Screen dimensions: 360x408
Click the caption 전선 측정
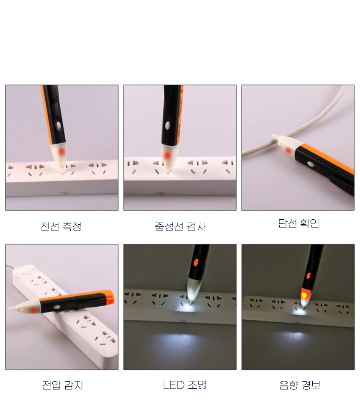[x=61, y=226]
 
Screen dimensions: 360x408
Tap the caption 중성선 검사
[x=180, y=226]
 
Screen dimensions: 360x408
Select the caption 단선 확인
[x=298, y=223]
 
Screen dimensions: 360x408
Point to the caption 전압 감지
[x=62, y=385]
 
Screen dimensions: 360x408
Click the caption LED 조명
[x=185, y=385]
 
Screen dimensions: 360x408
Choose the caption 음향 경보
[x=300, y=385]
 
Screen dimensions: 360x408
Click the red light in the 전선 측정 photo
[x=62, y=151]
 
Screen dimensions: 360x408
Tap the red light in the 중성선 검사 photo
[x=167, y=155]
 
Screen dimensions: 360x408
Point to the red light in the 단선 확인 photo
[x=288, y=150]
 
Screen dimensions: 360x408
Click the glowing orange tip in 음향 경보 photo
[x=304, y=295]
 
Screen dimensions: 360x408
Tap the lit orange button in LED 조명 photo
[x=196, y=262]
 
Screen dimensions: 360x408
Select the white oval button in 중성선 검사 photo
[x=167, y=126]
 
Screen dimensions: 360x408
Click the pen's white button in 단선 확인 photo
[x=310, y=164]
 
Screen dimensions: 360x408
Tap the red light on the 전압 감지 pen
[x=33, y=309]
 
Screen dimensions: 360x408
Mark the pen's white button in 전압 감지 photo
[x=57, y=307]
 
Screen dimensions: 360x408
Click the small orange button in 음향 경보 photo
[x=309, y=275]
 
